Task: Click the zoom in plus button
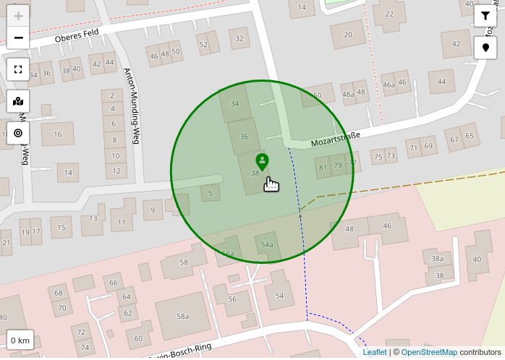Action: click(18, 16)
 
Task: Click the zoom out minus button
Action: click(18, 38)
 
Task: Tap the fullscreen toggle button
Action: click(18, 70)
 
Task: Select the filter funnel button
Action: click(485, 16)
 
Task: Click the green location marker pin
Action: click(263, 161)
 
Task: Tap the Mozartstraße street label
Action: click(336, 139)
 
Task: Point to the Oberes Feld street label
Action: click(76, 34)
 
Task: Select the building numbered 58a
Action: click(182, 316)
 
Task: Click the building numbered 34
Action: click(234, 103)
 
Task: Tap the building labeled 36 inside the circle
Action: click(244, 136)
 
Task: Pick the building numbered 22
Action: click(389, 14)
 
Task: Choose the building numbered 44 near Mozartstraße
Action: click(441, 82)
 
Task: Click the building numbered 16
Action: click(58, 134)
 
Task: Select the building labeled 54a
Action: click(267, 244)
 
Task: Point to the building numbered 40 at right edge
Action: click(477, 259)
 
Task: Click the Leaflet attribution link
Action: click(375, 353)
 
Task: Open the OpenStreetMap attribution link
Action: click(429, 353)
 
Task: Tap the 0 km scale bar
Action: click(20, 340)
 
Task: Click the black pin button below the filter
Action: click(485, 48)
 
